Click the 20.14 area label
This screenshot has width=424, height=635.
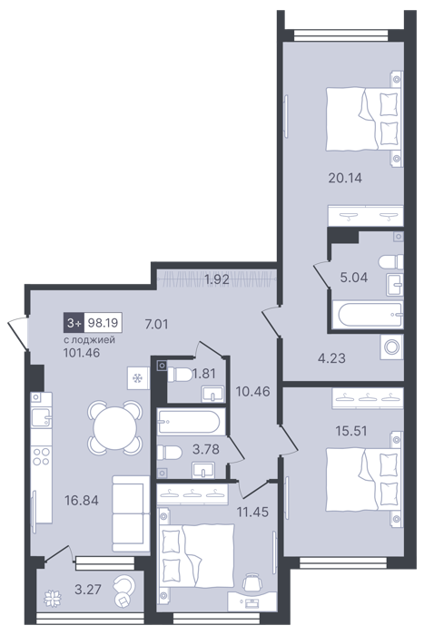click(x=344, y=178)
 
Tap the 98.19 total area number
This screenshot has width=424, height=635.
click(x=103, y=323)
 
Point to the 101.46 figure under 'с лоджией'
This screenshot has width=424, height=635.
click(x=82, y=353)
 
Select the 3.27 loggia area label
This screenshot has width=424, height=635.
click(x=88, y=589)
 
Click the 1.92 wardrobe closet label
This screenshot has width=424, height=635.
click(x=217, y=279)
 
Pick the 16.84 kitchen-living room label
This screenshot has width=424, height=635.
click(x=82, y=501)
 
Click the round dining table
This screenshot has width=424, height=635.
click(x=114, y=427)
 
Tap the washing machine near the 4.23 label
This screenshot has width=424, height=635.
click(x=391, y=347)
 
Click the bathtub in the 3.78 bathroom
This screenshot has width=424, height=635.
click(x=191, y=422)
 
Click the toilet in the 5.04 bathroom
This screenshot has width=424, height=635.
click(x=391, y=261)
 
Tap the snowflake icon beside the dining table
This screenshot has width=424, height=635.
click(x=138, y=378)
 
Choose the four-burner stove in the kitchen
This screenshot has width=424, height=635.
click(x=42, y=456)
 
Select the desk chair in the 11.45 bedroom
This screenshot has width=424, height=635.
click(x=252, y=583)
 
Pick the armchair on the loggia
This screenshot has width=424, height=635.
click(x=125, y=591)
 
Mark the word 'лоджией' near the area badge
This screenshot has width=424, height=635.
click(x=94, y=339)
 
